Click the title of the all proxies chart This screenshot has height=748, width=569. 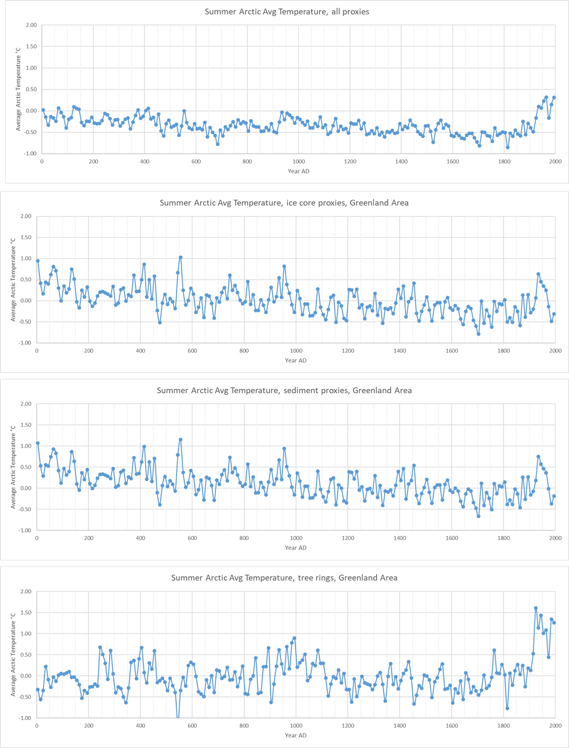click(x=287, y=11)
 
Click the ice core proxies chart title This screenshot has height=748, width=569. click(x=284, y=203)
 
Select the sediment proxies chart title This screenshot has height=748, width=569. click(x=284, y=390)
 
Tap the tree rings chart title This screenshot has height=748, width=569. click(x=284, y=578)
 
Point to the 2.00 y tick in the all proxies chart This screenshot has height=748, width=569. click(x=31, y=25)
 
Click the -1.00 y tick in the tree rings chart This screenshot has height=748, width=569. click(x=25, y=718)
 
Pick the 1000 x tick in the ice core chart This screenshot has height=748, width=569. click(x=296, y=351)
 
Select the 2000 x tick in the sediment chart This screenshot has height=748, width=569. click(x=555, y=538)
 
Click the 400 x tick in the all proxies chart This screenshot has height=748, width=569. click(x=144, y=161)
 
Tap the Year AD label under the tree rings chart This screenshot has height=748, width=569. click(x=296, y=735)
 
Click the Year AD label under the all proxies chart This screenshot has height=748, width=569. click(x=299, y=171)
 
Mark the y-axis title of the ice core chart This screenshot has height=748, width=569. click(x=13, y=279)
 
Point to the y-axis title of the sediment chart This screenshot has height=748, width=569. click(x=13, y=467)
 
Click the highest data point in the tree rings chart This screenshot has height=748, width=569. click(x=536, y=608)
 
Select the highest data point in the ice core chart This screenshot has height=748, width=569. click(x=180, y=257)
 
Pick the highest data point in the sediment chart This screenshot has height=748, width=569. click(x=180, y=440)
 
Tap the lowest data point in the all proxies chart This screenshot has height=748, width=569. click(x=508, y=147)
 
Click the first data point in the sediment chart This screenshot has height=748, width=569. click(x=37, y=443)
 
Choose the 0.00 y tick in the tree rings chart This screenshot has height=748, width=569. click(x=25, y=676)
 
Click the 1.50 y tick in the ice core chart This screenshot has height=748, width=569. click(x=25, y=237)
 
